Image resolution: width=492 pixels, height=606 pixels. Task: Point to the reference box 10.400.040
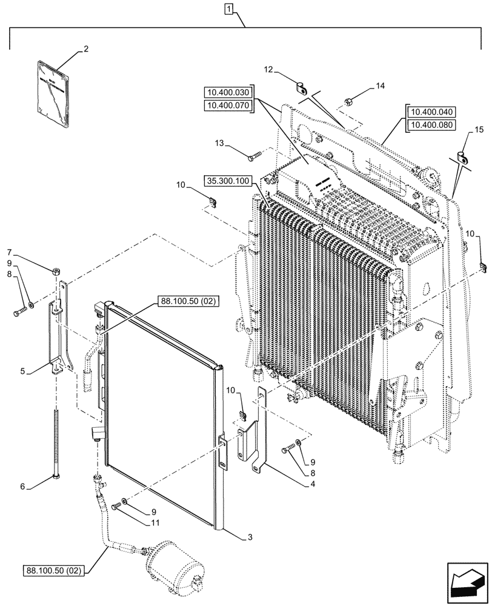pos(432,112)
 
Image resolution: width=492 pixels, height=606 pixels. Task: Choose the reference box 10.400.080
pos(432,125)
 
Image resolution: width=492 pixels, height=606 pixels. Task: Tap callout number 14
pos(379,87)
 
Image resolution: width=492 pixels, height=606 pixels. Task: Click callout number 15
pos(479,130)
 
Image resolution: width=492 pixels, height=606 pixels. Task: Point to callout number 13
pos(220,144)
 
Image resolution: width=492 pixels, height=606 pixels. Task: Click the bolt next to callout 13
pos(254,157)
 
